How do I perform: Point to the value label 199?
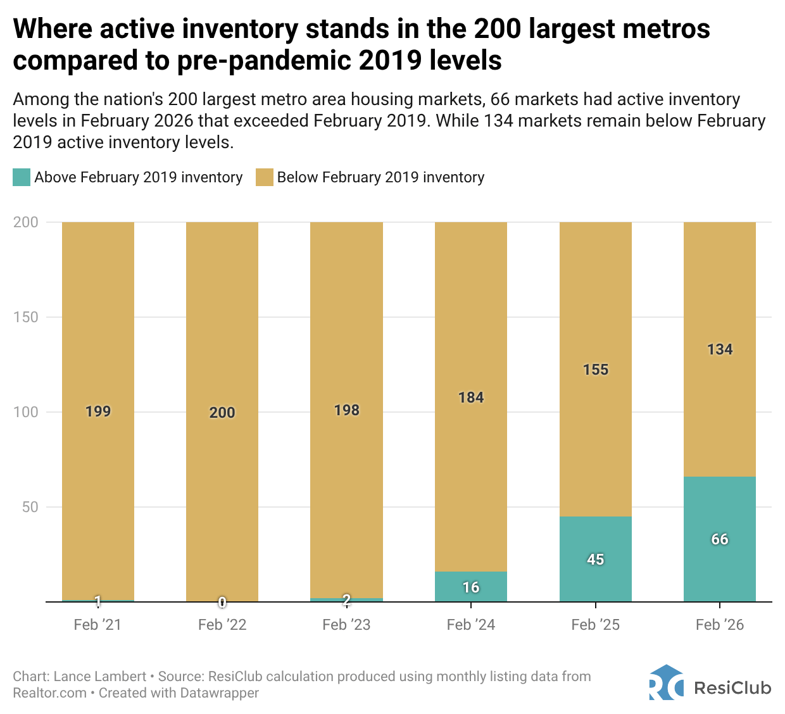(98, 411)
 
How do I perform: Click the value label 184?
(471, 398)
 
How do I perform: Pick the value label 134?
(720, 349)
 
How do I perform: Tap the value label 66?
(720, 539)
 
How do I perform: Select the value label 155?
(596, 370)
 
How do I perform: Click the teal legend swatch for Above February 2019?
(21, 177)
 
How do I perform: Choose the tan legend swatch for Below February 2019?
(264, 177)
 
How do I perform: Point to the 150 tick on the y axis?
(26, 317)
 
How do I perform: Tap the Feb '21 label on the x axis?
(97, 625)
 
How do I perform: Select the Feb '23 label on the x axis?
(346, 625)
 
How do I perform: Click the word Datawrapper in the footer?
(220, 693)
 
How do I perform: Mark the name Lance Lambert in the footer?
(100, 677)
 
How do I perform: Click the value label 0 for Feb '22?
(222, 603)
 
